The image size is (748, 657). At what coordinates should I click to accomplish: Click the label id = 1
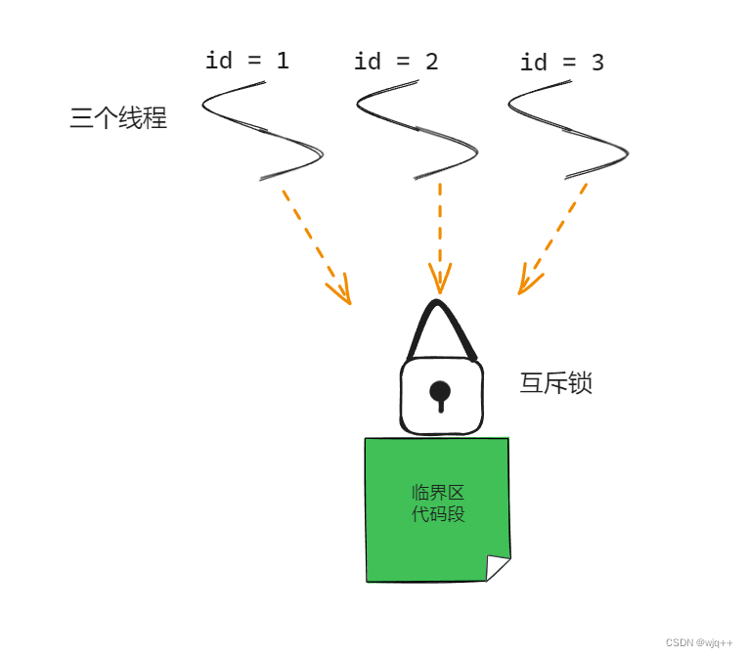(246, 61)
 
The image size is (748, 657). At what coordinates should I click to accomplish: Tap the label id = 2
(395, 62)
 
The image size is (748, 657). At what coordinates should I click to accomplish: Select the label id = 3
(561, 63)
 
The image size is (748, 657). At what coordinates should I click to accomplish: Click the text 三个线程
(118, 119)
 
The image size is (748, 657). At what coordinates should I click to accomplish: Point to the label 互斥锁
(555, 383)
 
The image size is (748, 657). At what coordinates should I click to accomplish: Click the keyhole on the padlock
(440, 394)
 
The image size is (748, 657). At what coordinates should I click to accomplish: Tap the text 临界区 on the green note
(437, 492)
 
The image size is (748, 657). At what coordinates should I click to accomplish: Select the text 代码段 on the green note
(437, 514)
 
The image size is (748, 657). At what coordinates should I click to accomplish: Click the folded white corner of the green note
(496, 566)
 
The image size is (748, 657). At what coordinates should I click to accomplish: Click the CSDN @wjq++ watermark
(699, 642)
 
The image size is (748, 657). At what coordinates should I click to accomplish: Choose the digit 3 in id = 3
(597, 63)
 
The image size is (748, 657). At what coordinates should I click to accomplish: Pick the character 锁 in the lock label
(580, 383)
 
